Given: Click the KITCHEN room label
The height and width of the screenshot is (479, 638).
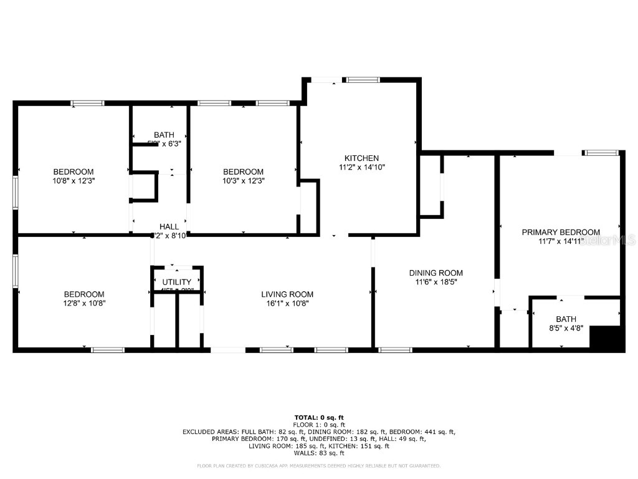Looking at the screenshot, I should (x=358, y=158).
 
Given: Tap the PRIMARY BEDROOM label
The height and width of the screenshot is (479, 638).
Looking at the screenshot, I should (x=561, y=232).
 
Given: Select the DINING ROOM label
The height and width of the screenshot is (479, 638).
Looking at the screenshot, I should (x=436, y=273).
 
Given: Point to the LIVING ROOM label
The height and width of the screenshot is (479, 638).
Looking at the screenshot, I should (x=287, y=294).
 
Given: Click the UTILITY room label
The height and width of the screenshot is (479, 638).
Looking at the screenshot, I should (x=177, y=282).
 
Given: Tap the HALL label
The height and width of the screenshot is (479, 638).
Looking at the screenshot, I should (x=169, y=226).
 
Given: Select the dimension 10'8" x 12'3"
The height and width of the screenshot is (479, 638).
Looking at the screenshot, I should (x=74, y=180).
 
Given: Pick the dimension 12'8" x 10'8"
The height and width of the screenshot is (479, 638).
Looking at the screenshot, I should (x=84, y=303).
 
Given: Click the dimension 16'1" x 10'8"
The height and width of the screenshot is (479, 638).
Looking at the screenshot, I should (x=287, y=303).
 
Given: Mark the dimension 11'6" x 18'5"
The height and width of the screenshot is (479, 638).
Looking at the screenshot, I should (x=436, y=282).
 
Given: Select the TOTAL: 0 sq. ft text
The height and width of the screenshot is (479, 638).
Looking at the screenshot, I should (x=319, y=417).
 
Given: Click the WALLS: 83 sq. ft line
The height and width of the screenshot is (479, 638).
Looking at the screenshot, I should (x=319, y=453).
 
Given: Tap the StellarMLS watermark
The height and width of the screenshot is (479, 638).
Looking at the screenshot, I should (x=607, y=239).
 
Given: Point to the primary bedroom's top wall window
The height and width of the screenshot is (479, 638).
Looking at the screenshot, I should (x=601, y=152).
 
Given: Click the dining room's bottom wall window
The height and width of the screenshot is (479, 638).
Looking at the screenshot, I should (x=395, y=350).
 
